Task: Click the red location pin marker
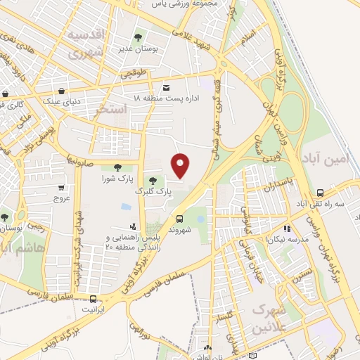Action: point(181,166)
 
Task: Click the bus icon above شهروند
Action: point(179,219)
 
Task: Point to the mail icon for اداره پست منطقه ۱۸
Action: point(166,87)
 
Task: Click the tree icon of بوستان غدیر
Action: point(137,36)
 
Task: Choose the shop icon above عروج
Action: point(61,188)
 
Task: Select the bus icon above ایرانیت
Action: point(83,298)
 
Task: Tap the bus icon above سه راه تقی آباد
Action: point(320,192)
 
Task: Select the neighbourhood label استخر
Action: point(110,110)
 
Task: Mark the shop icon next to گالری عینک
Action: point(6,93)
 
